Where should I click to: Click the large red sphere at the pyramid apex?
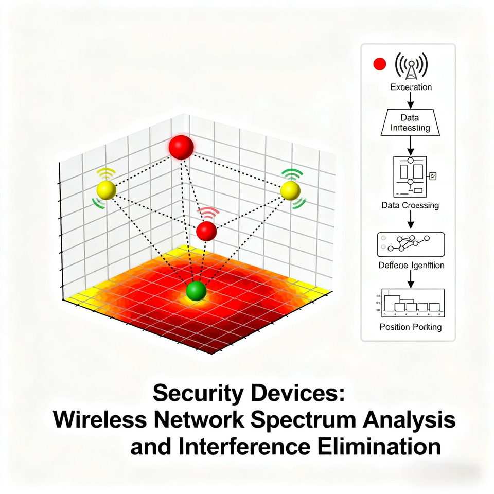181,147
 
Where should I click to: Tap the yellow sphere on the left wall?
107,190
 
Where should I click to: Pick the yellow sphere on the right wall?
290,190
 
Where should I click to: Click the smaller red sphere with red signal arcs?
206,231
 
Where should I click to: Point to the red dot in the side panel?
379,64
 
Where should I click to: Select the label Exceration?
411,87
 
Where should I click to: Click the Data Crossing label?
410,205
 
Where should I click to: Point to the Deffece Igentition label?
411,266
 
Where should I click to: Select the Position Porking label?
410,327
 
